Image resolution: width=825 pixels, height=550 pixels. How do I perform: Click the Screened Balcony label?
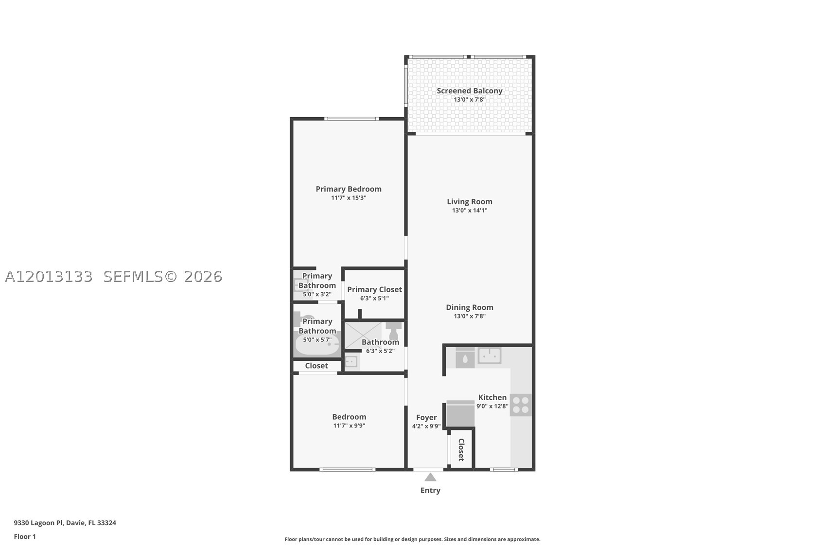[470, 90]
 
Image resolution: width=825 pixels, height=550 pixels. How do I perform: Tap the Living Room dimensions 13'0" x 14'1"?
[470, 211]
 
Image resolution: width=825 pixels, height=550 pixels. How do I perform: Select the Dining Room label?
[470, 307]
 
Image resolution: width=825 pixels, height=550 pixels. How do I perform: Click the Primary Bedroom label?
[349, 189]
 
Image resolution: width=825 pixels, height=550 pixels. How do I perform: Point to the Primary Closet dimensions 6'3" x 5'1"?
[374, 299]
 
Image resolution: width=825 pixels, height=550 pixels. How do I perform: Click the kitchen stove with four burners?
[521, 405]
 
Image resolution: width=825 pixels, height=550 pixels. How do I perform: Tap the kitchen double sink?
[490, 355]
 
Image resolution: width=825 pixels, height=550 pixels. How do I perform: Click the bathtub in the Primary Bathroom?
[317, 345]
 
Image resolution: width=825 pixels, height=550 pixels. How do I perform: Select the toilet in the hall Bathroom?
[394, 331]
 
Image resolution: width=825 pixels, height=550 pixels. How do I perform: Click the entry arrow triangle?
[430, 478]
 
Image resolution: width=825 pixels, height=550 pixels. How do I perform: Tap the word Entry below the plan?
[430, 490]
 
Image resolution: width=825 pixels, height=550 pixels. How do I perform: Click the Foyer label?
[426, 417]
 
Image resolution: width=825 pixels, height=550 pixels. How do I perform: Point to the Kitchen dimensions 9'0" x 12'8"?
[492, 407]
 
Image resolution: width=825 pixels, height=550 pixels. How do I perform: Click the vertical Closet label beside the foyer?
[461, 450]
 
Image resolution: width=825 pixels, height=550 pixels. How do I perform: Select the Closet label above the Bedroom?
[316, 366]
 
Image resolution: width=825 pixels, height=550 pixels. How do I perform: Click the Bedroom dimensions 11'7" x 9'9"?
[349, 426]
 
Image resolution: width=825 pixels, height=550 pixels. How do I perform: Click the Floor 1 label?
[25, 537]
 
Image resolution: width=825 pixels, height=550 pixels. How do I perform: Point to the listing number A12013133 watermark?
[49, 277]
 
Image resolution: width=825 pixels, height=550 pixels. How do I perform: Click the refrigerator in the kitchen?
[460, 413]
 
